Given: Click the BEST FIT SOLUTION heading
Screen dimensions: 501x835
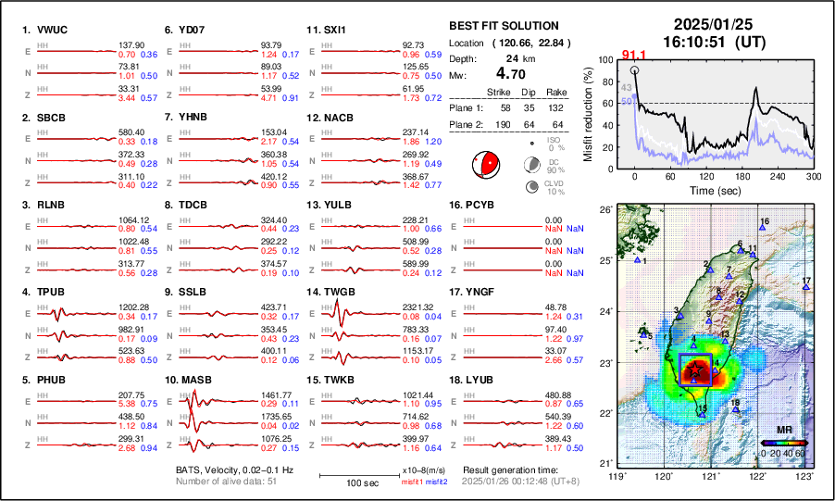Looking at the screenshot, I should [x=503, y=26].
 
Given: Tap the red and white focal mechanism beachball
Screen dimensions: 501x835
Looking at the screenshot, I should [x=485, y=164].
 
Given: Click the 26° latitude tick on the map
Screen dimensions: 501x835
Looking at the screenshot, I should [x=604, y=210].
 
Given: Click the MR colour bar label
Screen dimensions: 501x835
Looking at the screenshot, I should [x=783, y=431].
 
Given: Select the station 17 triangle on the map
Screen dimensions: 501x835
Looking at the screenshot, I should [x=806, y=288].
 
